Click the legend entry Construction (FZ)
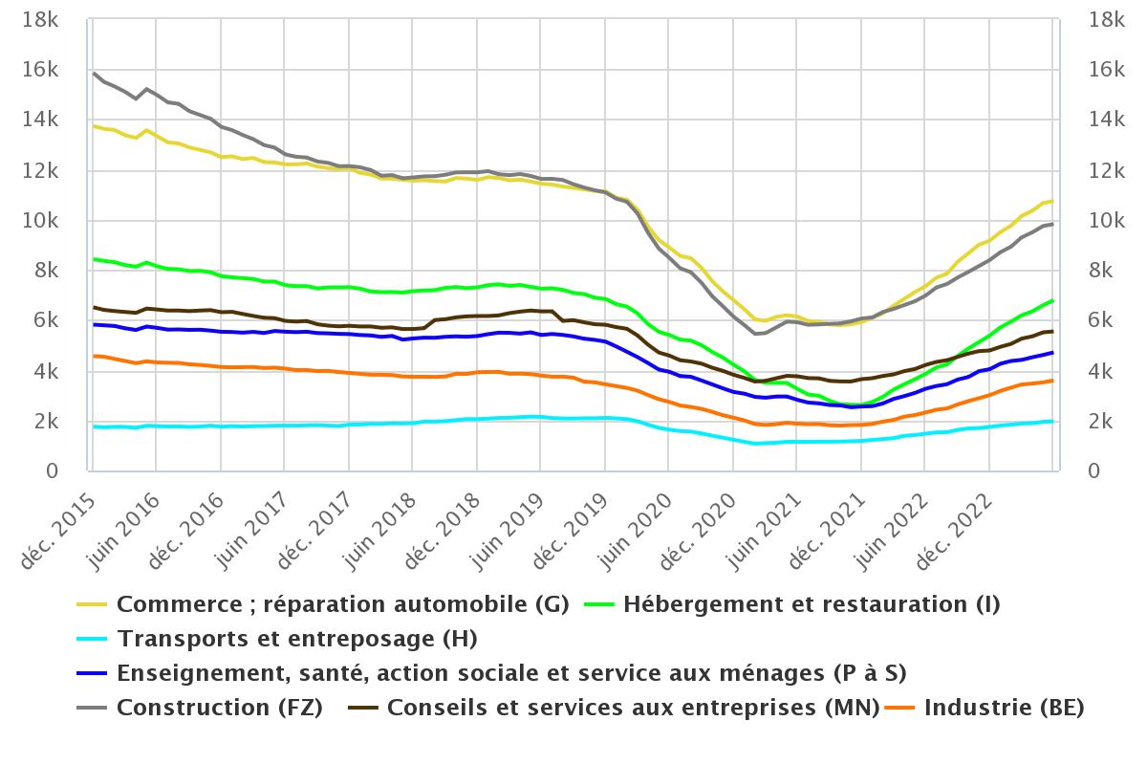coord(219,708)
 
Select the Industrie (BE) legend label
coord(1004,708)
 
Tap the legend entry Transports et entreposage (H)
coord(296,639)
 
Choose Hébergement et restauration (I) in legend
coord(812,604)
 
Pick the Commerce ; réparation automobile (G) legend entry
coord(342,604)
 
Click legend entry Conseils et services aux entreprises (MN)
coord(633,708)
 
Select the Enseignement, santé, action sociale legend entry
coord(511,673)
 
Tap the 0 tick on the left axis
coord(54,471)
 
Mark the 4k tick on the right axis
coord(1102,371)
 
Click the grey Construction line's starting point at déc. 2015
coord(94,73)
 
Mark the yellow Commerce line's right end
coord(1052,201)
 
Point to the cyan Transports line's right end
coord(1052,421)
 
